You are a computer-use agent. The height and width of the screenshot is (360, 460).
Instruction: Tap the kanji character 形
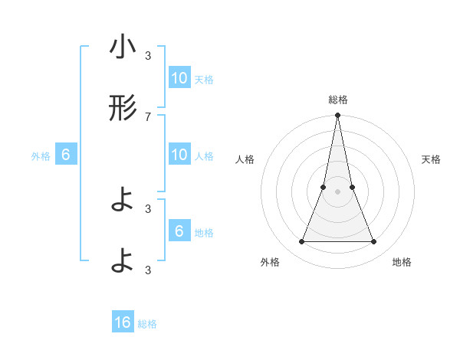(123, 109)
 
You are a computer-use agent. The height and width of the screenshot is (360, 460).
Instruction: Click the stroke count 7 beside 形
(148, 116)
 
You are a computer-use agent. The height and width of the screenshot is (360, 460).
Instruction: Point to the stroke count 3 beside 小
(148, 55)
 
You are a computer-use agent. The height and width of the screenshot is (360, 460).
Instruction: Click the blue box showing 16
(123, 323)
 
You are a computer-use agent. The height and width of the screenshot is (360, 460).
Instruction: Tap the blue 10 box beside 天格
(179, 78)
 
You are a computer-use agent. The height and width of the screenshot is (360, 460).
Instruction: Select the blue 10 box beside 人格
(179, 155)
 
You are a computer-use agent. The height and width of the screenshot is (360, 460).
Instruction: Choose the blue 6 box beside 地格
(179, 231)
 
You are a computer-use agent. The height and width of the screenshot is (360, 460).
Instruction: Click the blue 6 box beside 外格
(66, 155)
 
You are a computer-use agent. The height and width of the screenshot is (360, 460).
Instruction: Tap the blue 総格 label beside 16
(147, 324)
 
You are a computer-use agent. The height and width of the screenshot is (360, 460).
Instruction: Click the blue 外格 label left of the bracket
(41, 155)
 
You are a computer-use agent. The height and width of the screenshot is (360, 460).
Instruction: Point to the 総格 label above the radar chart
(337, 100)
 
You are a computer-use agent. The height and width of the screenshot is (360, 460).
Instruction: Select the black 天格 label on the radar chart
(432, 159)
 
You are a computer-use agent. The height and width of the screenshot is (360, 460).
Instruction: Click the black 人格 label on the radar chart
(245, 159)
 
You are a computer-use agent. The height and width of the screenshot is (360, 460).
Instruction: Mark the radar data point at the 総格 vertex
(337, 116)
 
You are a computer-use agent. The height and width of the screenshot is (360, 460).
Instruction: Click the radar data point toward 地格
(373, 242)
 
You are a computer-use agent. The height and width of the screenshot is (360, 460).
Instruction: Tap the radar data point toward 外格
(301, 242)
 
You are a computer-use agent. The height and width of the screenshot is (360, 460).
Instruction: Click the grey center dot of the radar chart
(337, 191)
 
